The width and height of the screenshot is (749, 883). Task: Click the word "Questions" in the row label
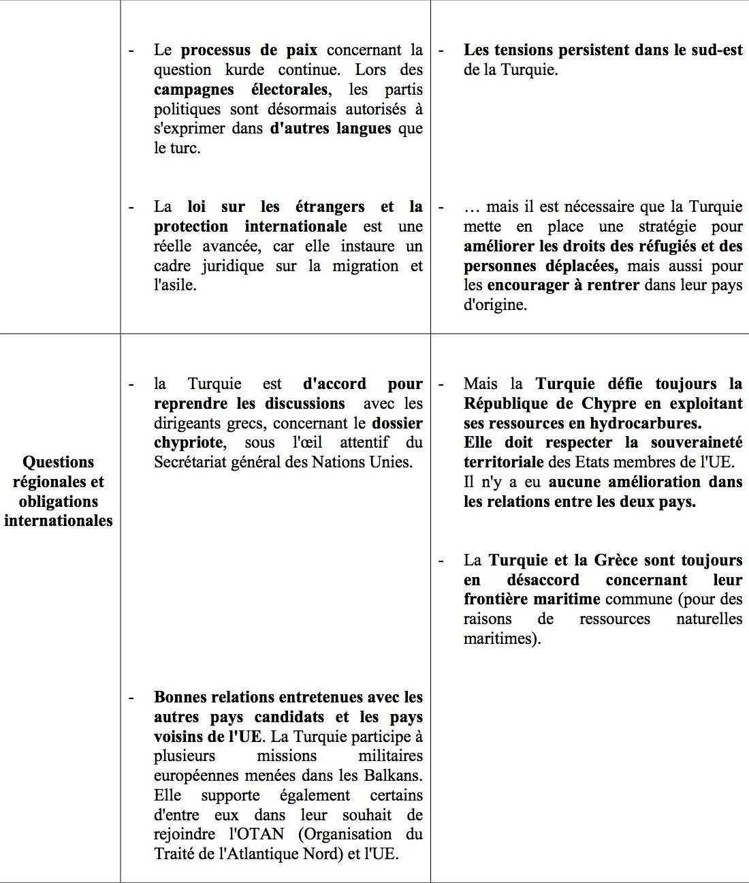[x=59, y=462]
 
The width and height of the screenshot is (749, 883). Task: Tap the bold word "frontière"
[x=498, y=600]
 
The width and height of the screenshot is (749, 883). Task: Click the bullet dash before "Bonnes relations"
[x=131, y=697]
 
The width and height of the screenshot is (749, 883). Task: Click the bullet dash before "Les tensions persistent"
[x=441, y=50]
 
